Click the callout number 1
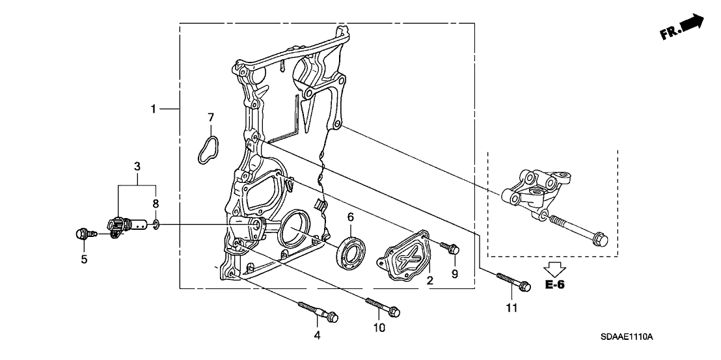coord(154,109)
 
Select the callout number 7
coord(210,117)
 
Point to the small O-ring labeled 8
coord(156,225)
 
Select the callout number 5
coord(83,260)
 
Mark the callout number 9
coord(455,274)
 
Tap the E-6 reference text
coord(554,285)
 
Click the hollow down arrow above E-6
coord(554,268)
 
